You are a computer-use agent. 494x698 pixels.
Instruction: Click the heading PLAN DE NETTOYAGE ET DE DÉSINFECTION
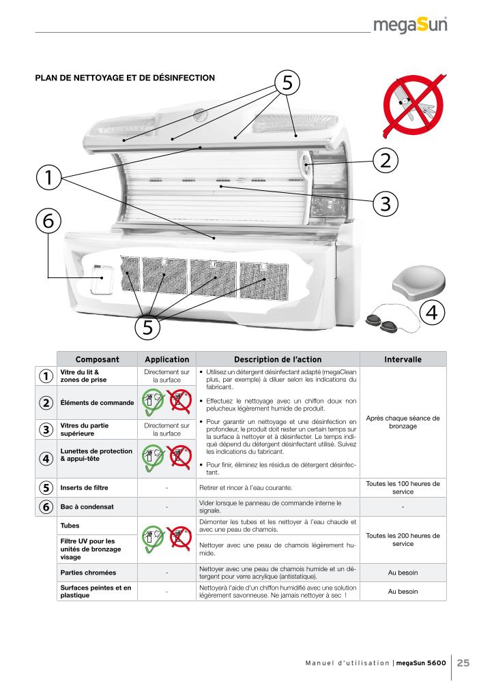click(125, 78)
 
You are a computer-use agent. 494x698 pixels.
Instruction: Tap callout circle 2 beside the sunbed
click(386, 161)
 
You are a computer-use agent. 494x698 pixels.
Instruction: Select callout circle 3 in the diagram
click(386, 202)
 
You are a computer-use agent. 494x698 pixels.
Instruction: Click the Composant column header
click(97, 359)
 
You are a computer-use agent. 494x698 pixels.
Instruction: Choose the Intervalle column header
click(403, 359)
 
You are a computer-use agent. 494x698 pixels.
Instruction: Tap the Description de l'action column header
click(278, 359)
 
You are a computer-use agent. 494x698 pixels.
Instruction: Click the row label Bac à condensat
click(85, 506)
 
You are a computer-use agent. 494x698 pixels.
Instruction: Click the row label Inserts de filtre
click(85, 488)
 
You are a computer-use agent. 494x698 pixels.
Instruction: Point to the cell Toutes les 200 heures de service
click(403, 539)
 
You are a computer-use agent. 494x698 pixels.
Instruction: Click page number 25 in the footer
click(463, 663)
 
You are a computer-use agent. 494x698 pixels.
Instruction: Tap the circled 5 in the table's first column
click(45, 488)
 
